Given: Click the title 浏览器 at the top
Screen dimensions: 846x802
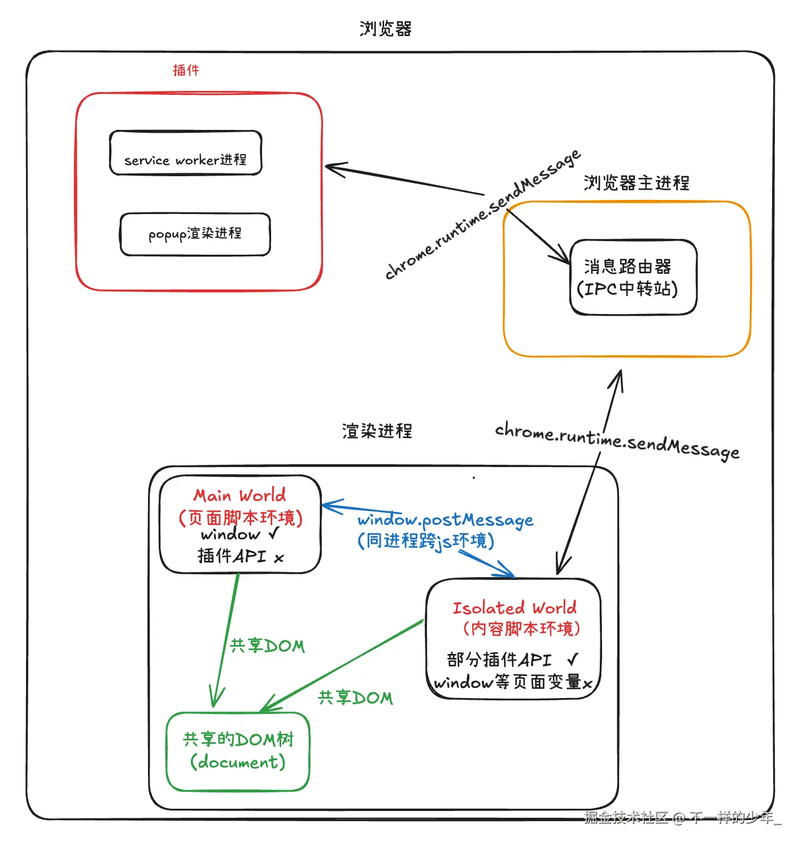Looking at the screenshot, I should coord(386,29).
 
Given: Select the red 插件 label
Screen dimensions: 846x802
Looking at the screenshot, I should coord(186,70).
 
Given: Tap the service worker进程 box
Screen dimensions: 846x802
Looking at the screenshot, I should coord(186,154).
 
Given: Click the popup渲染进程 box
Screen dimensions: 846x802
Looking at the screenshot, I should coord(195,234).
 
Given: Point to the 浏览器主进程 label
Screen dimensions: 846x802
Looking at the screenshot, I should coord(637,183).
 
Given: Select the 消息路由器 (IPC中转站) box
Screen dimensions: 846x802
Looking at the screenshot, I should coord(633,277).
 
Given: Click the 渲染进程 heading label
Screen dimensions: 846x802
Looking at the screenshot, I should coord(377,431).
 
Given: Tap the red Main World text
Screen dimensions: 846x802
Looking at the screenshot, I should coord(239,495).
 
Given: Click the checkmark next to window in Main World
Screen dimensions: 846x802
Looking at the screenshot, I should coord(274,533).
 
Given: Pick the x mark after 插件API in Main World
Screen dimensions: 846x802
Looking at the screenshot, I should coord(279,558).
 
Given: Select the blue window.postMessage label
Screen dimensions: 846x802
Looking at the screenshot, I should coord(445,520).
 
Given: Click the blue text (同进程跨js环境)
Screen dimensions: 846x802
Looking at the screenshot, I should coord(426,541).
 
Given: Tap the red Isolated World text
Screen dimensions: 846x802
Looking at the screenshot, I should coord(515,608).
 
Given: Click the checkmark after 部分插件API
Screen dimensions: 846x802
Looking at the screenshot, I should coord(573,659).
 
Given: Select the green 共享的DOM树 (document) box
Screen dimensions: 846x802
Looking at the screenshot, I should coord(238,751).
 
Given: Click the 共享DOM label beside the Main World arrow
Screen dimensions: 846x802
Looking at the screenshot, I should coord(267,646).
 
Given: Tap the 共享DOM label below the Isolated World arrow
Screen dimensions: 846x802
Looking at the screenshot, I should coord(355,698).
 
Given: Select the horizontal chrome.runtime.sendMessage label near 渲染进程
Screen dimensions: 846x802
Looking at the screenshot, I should coord(617,441).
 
